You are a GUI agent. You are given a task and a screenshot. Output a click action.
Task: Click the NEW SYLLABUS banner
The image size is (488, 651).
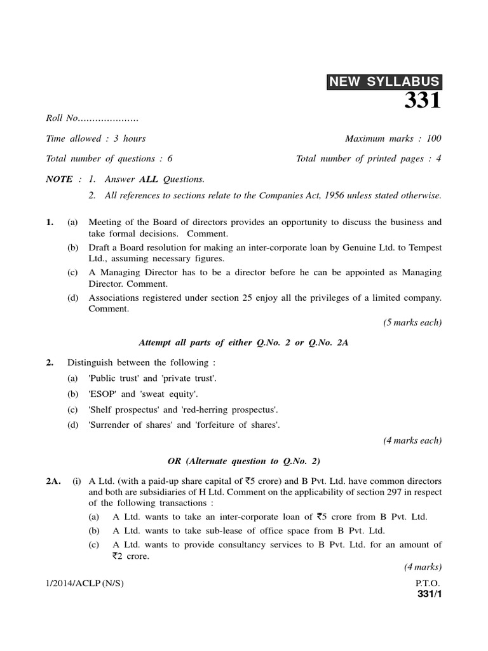coord(384,81)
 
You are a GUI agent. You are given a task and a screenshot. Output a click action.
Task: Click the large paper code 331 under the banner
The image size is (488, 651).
coord(423,100)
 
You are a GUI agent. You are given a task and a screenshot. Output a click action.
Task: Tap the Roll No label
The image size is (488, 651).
coord(62,118)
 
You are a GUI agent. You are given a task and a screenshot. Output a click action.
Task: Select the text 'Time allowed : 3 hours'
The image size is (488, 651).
coord(96,138)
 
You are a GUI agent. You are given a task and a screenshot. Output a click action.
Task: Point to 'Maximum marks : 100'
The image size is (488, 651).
coord(393,138)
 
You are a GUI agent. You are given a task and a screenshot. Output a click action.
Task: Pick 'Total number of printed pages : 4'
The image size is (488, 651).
coord(369,158)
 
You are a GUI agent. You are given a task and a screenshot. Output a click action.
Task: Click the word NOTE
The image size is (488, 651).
coord(59,179)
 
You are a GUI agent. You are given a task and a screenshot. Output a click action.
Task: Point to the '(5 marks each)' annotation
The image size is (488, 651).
coord(412,322)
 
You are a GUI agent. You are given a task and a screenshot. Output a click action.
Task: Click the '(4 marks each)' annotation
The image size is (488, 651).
coord(412,440)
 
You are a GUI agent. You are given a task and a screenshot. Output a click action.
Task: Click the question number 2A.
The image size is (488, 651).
coord(53,481)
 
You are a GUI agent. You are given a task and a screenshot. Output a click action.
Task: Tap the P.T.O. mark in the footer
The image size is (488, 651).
coord(428,583)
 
